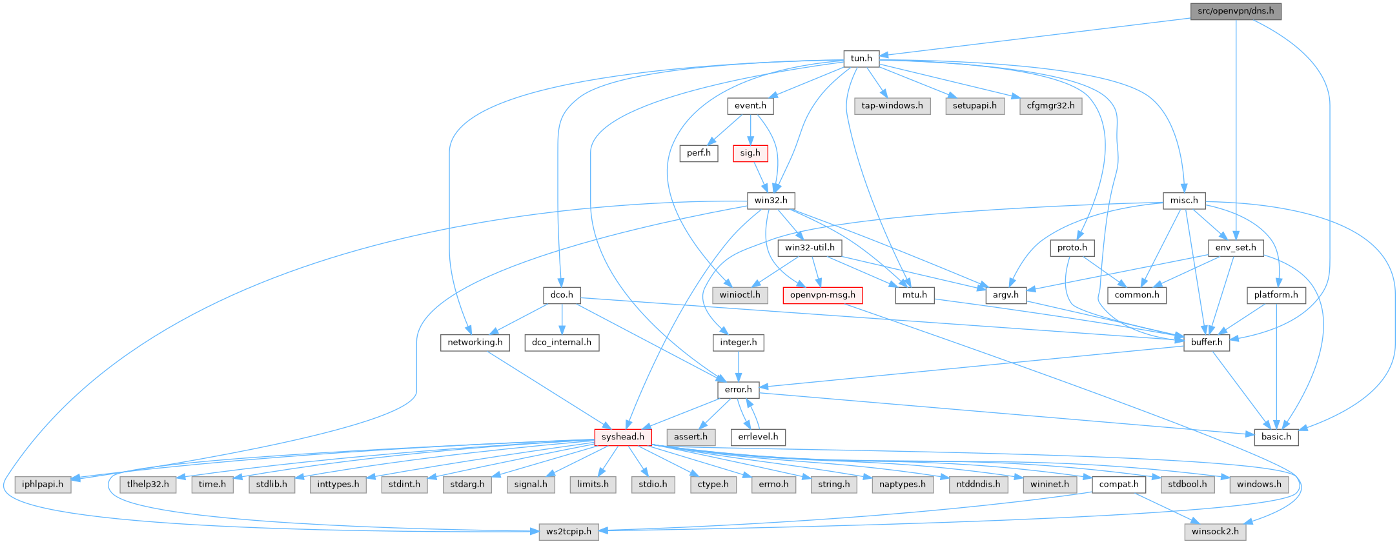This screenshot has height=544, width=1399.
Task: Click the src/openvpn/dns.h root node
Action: [x=1235, y=11]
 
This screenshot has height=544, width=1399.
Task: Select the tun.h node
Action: [x=861, y=58]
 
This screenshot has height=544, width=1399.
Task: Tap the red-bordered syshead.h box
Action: [x=622, y=437]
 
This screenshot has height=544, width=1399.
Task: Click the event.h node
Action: [x=750, y=106]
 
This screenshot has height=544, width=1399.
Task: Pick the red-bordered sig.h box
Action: [x=750, y=153]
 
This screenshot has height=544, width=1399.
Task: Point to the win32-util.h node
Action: [x=810, y=248]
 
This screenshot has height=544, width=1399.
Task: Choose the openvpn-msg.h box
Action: [x=822, y=295]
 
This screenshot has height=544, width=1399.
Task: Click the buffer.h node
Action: [x=1206, y=342]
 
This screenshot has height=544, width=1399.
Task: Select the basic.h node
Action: [x=1276, y=437]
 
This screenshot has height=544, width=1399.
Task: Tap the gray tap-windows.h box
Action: [x=892, y=106]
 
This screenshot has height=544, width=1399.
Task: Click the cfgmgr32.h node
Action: [x=1050, y=106]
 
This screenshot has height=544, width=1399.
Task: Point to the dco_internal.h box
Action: [x=562, y=342]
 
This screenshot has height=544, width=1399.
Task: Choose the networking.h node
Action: [x=475, y=342]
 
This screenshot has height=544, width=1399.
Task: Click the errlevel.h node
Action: [x=758, y=437]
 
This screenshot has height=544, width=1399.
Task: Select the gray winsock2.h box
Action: [x=1215, y=531]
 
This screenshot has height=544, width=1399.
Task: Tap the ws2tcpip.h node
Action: [x=569, y=531]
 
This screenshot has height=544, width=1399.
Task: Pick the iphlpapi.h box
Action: [x=43, y=484]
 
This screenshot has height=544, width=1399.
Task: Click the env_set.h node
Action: [x=1235, y=248]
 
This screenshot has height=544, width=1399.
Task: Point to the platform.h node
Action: [x=1276, y=295]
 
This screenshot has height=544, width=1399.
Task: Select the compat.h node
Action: [x=1119, y=484]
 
